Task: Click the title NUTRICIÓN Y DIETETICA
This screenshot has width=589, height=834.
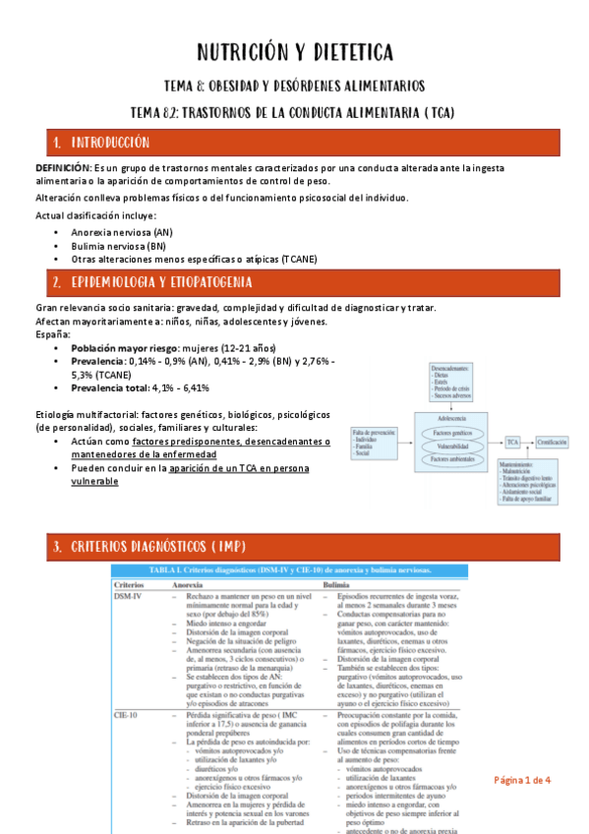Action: pos(294,51)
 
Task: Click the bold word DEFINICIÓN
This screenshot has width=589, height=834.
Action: pos(62,168)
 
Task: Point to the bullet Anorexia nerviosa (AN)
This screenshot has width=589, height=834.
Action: pos(122,231)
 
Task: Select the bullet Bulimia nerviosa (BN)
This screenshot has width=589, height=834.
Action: pos(118,245)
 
